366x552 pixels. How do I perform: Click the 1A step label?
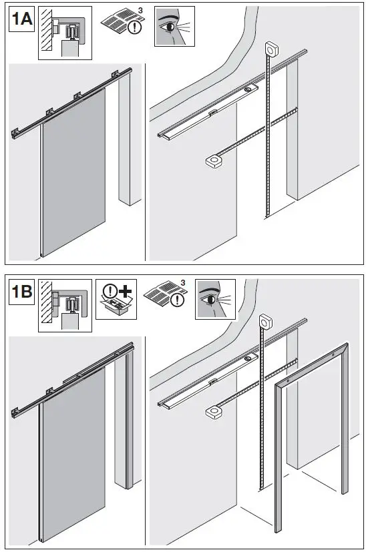coord(21,20)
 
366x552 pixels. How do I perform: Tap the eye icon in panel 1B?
coord(214,299)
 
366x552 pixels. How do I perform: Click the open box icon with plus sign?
coord(117,300)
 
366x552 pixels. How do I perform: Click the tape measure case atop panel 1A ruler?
coord(271,49)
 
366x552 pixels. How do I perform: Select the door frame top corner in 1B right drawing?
coord(346,346)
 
